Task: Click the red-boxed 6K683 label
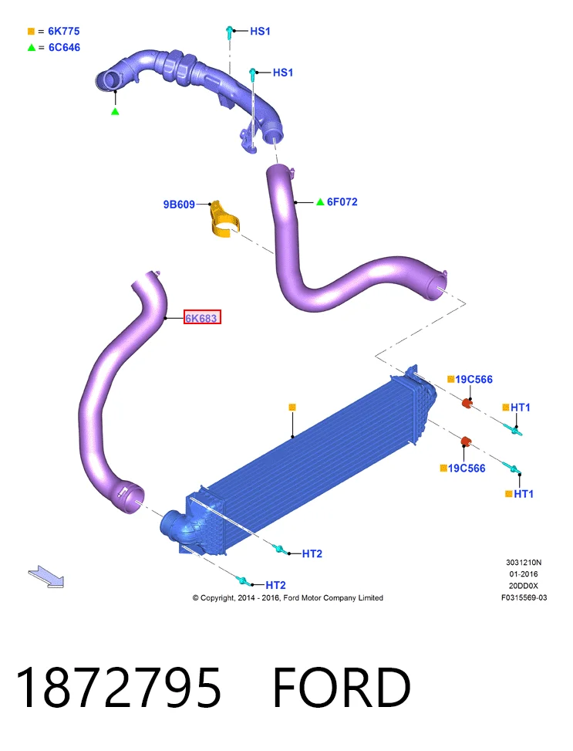coord(202,317)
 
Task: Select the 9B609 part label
coord(179,205)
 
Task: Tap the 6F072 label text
coord(342,202)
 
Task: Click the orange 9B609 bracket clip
coord(224,220)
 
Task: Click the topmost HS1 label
coord(260,31)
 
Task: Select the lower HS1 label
coord(282,73)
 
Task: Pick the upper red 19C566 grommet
coord(467,403)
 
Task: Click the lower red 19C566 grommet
coord(466,441)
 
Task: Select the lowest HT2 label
coord(275,585)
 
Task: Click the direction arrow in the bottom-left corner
coord(46,577)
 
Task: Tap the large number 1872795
coord(118,688)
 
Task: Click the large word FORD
coord(342,688)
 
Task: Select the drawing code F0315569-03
coord(524,597)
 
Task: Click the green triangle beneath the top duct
coord(115,112)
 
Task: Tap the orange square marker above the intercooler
coord(292,407)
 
